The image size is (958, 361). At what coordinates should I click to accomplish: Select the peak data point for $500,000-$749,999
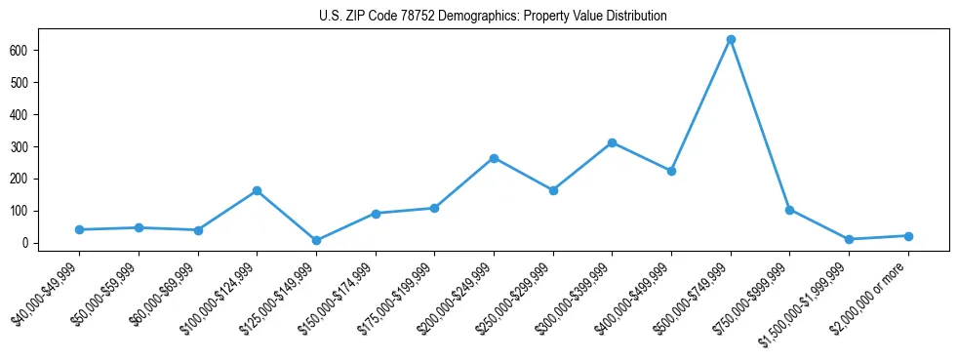pyautogui.click(x=731, y=40)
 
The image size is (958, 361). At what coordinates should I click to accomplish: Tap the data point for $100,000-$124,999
pyautogui.click(x=257, y=191)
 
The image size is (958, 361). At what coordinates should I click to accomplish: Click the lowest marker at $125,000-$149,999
pyautogui.click(x=316, y=240)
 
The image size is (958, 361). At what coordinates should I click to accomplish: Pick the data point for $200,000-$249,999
pyautogui.click(x=494, y=158)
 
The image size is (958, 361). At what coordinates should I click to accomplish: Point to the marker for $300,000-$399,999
pyautogui.click(x=612, y=142)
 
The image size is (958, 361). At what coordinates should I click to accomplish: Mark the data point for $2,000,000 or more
pyautogui.click(x=908, y=236)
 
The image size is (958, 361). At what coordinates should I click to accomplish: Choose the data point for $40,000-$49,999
pyautogui.click(x=79, y=230)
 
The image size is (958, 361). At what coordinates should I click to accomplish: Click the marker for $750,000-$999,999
pyautogui.click(x=789, y=210)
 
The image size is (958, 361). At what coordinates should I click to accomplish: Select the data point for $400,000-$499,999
pyautogui.click(x=671, y=171)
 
